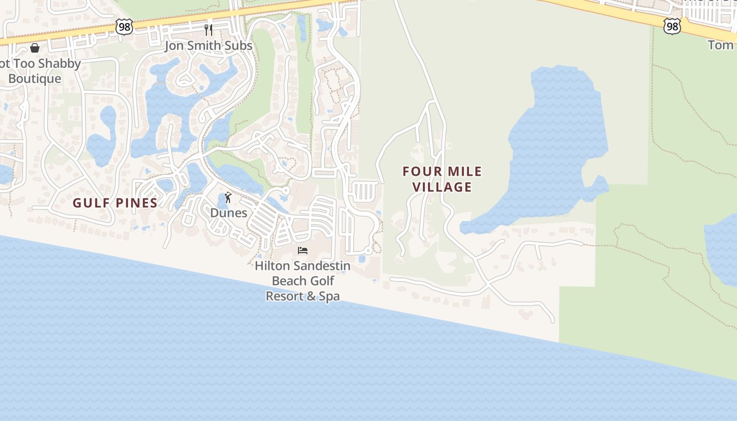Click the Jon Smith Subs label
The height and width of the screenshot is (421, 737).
point(208,46)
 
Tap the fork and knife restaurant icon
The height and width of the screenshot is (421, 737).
point(208,29)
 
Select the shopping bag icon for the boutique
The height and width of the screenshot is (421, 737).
point(35,48)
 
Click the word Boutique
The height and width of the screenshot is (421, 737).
point(35,79)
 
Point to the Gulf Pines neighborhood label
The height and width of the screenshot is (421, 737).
point(115,203)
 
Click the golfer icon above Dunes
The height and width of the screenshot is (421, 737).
point(228,197)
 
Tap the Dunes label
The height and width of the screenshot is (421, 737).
point(228,213)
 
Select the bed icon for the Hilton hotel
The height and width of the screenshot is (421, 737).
point(303,250)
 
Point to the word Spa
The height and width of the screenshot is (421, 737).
point(330,296)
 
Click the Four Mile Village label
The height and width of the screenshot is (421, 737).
point(442,179)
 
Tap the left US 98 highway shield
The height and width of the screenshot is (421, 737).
point(125,27)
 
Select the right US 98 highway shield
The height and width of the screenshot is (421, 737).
point(672,26)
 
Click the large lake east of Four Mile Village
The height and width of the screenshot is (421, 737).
point(558,142)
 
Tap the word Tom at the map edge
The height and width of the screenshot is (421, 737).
point(721,45)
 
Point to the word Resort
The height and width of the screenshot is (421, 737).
point(285,296)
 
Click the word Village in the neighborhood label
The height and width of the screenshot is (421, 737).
point(442,187)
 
